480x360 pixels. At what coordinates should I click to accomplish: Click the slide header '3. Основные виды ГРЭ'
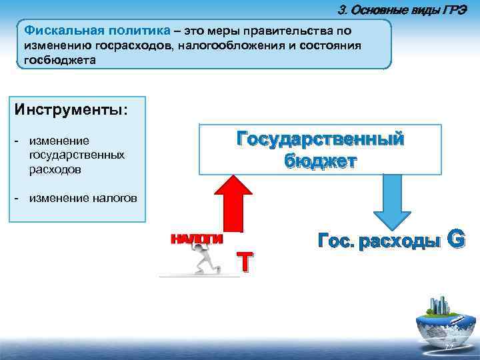407,9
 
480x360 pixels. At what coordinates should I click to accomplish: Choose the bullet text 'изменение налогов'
83,198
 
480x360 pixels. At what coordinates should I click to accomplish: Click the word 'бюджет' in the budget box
320,161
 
